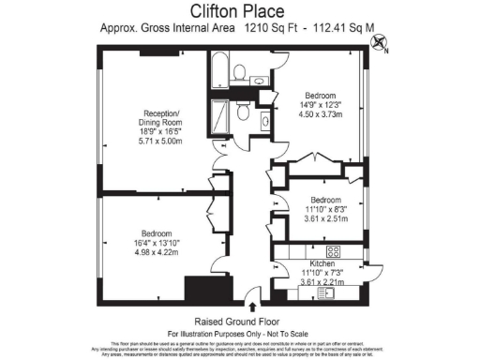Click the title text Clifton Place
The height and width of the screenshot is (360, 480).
pos(239,11)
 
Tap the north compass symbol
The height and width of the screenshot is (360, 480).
pos(379,41)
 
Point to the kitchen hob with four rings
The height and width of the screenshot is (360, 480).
pos(332,251)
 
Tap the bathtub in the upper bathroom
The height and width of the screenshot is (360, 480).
pos(219,70)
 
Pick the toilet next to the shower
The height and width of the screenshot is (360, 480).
pos(243,112)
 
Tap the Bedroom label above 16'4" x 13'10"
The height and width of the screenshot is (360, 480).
pos(157,232)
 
